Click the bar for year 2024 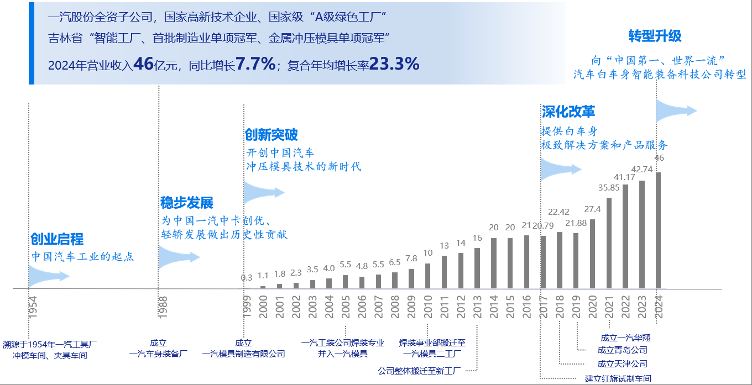click(x=658, y=230)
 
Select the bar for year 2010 click(x=427, y=276)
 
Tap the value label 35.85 click(x=609, y=188)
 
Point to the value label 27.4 click(x=592, y=209)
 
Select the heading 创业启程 click(x=57, y=239)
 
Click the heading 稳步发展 click(x=187, y=203)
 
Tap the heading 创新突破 click(x=271, y=135)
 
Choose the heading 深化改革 click(x=568, y=112)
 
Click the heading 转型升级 click(x=655, y=36)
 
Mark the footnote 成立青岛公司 click(x=622, y=350)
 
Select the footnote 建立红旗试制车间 click(x=618, y=378)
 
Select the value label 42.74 click(x=642, y=170)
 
